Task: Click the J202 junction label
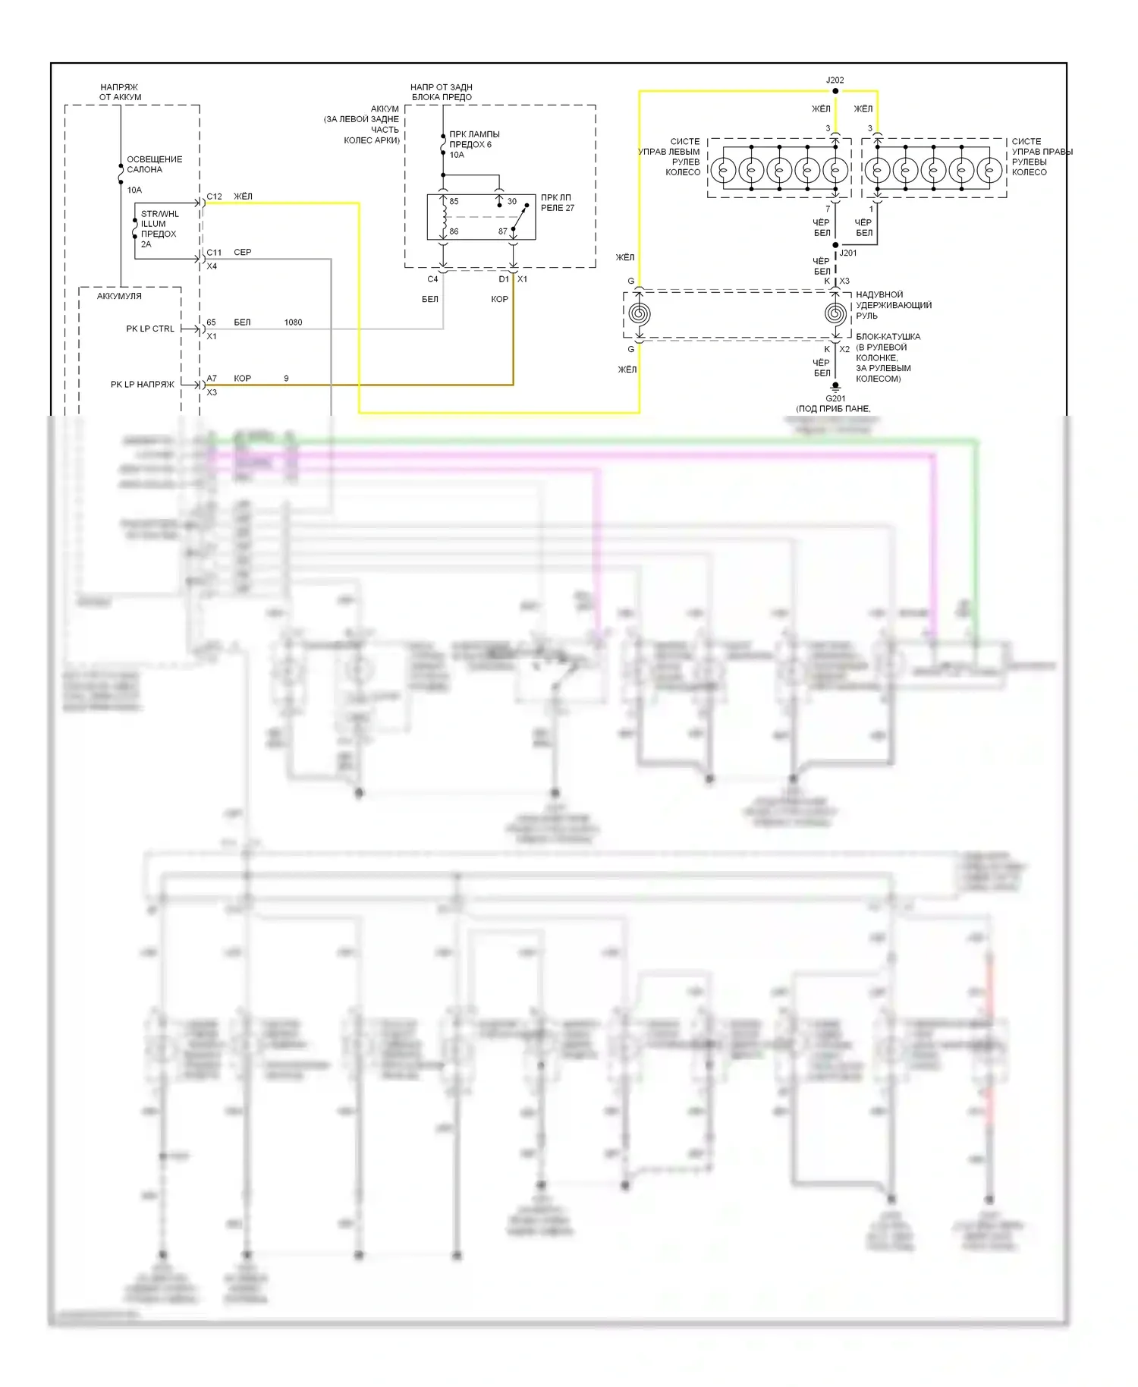[x=835, y=80]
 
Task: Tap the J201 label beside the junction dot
[x=848, y=253]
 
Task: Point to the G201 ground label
[x=835, y=398]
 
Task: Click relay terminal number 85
[x=454, y=202]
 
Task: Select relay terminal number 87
[x=502, y=231]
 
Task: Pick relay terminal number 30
[x=511, y=202]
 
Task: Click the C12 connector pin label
[x=215, y=197]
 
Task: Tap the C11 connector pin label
[x=215, y=253]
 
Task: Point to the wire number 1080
[x=293, y=322]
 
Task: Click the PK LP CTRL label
[x=150, y=329]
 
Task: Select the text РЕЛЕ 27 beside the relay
[x=558, y=208]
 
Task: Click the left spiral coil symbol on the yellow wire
[x=640, y=313]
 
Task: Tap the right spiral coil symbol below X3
[x=835, y=313]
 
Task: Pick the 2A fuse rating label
[x=146, y=244]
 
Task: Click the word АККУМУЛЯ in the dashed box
[x=119, y=296]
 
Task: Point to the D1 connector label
[x=504, y=279]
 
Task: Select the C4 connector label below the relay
[x=432, y=279]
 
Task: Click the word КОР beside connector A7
[x=242, y=378]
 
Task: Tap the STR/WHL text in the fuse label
[x=159, y=214]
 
